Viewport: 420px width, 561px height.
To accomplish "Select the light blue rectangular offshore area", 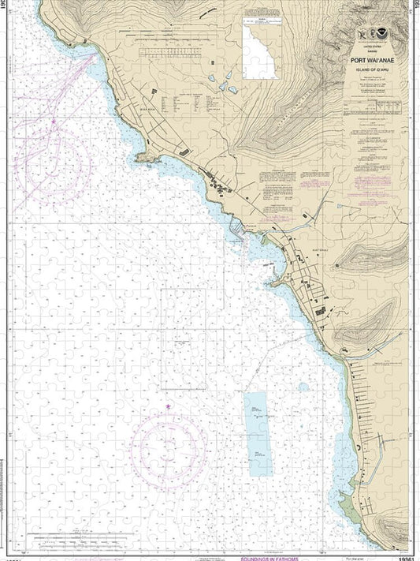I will click(x=257, y=433).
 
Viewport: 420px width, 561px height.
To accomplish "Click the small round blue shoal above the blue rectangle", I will click(x=303, y=387).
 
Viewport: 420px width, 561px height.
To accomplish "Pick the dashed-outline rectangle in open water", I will click(x=183, y=338).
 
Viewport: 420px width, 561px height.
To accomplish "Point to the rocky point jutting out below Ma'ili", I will click(x=144, y=159).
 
